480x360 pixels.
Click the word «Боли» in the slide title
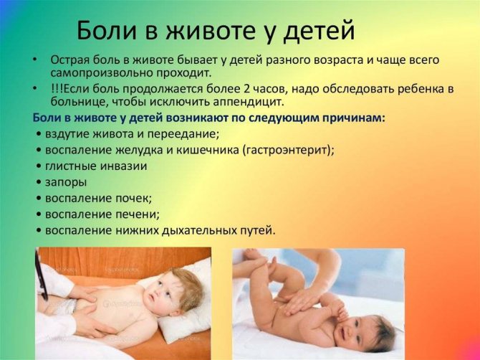pos(106,30)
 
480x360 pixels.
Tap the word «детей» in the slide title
pos(319,30)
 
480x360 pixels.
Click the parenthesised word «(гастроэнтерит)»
pos(289,150)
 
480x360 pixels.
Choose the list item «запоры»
pos(66,182)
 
